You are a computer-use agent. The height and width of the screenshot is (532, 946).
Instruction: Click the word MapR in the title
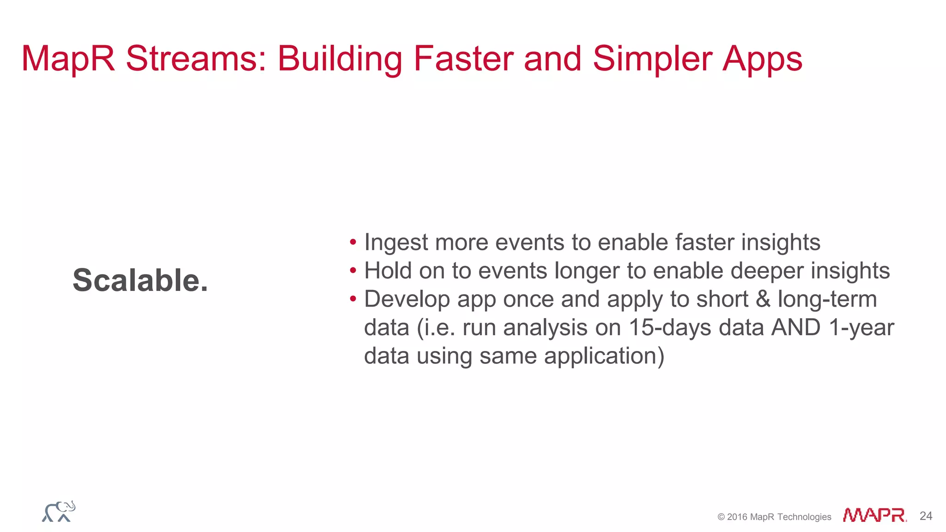click(x=68, y=59)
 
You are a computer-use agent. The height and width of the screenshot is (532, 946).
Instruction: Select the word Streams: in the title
click(x=196, y=59)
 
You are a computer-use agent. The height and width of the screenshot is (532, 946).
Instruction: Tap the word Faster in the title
click(x=463, y=59)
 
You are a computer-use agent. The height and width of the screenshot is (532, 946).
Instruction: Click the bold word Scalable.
click(x=140, y=280)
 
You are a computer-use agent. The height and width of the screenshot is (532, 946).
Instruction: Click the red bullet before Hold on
click(x=353, y=270)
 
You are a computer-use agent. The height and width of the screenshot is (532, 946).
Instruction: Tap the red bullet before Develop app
click(x=353, y=299)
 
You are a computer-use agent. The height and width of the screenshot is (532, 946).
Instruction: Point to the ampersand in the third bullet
click(x=763, y=299)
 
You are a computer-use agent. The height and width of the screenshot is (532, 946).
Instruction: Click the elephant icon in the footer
click(x=59, y=512)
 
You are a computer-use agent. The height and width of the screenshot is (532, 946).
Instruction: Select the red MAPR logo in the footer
click(x=874, y=515)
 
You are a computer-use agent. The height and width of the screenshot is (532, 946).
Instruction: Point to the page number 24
click(x=926, y=516)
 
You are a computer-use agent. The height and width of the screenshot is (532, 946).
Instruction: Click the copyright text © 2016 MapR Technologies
click(x=774, y=517)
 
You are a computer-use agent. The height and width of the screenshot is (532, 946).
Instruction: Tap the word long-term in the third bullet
click(x=827, y=299)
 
